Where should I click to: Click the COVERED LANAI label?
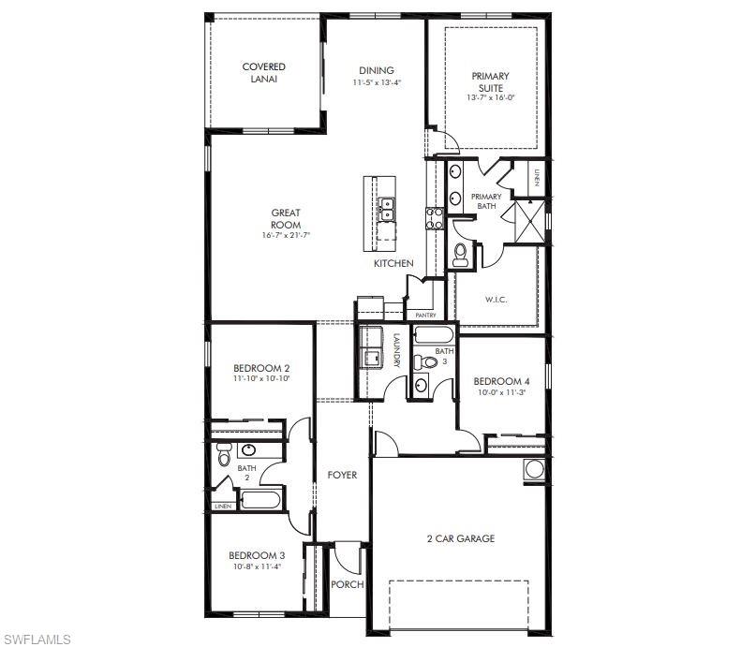[x=263, y=72]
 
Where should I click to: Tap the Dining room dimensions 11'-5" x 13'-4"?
[x=377, y=83]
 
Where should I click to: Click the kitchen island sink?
[x=386, y=208]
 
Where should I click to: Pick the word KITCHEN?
[x=393, y=264]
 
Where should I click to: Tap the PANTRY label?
[x=425, y=316]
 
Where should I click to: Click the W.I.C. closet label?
[x=496, y=301]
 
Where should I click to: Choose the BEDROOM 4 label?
[x=501, y=381]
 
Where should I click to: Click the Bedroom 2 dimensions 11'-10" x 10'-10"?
[x=261, y=378]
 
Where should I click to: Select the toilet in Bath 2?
[x=224, y=455]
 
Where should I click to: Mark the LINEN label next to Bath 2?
[x=223, y=507]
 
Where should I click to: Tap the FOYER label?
[x=342, y=476]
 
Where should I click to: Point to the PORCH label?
[x=348, y=585]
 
